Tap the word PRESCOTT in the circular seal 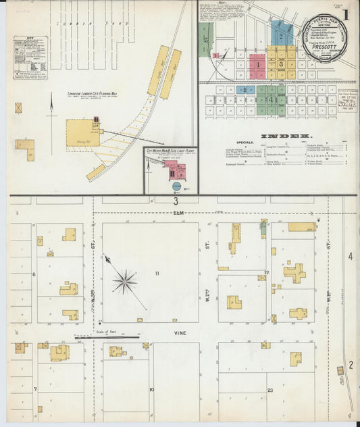(326, 66)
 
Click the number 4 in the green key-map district (271, 99)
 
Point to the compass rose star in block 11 (124, 281)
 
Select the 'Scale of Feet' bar (106, 336)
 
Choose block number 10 (152, 390)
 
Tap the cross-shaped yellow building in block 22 (294, 273)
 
